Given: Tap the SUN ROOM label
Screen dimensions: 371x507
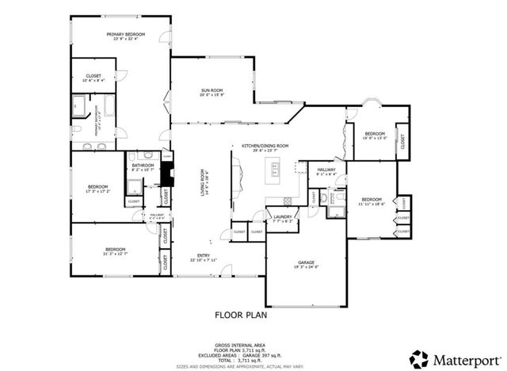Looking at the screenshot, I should pos(211,93).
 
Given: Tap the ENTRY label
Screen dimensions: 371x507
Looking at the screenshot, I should pos(204,255).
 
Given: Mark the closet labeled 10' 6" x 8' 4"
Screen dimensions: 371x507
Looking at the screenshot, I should pos(93,76).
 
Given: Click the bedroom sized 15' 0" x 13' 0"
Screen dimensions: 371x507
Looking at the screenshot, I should pos(374,133).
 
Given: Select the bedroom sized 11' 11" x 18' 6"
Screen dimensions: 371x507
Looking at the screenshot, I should pos(371,200).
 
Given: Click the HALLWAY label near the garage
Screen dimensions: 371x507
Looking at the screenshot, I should pos(326,170).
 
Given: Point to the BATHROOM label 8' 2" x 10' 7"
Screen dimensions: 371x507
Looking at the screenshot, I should pos(143,166).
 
